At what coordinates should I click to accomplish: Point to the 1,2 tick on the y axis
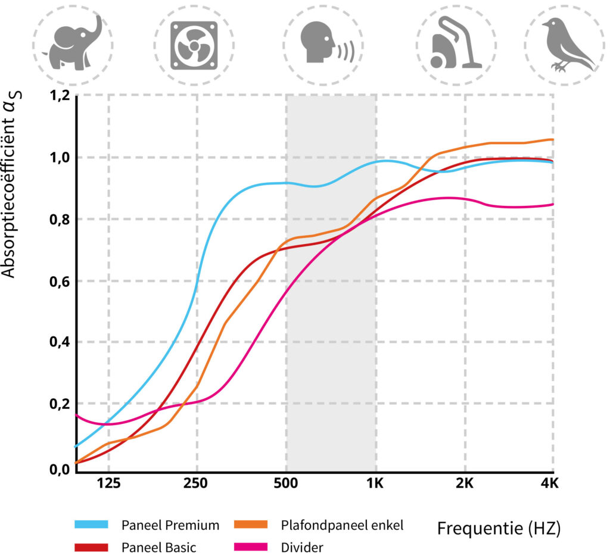[x=58, y=95]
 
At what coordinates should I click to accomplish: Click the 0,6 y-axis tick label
[x=58, y=281]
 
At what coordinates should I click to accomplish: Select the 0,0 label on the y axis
[x=58, y=469]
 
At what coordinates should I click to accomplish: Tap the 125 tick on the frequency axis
[x=108, y=484]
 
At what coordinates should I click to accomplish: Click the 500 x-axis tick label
[x=287, y=484]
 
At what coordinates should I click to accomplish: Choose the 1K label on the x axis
[x=374, y=484]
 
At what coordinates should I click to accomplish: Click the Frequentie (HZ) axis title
[x=500, y=529]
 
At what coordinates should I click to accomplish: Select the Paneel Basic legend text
[x=158, y=547]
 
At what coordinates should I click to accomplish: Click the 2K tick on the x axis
[x=464, y=484]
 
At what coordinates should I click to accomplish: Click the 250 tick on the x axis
[x=196, y=484]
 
